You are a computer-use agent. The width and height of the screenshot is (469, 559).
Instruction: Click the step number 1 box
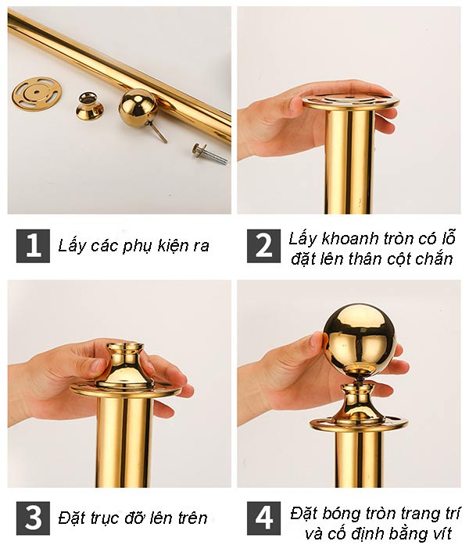(33, 246)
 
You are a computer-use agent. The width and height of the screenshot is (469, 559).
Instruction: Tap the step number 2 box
(264, 246)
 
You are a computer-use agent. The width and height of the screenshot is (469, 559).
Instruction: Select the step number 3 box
(33, 518)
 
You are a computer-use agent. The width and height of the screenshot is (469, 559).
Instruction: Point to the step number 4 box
(264, 518)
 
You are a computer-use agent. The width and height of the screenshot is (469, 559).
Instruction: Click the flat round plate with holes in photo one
(37, 93)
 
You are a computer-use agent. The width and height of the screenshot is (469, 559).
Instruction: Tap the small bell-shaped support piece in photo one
(90, 106)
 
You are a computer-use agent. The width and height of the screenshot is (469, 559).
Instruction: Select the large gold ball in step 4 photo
(359, 336)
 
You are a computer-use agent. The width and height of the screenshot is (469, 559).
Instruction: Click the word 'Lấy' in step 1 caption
(71, 246)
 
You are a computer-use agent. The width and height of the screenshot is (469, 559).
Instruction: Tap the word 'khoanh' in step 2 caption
(347, 238)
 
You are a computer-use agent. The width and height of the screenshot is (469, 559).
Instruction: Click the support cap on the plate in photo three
(124, 367)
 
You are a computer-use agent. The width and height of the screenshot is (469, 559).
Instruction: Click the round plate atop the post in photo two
(350, 101)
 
